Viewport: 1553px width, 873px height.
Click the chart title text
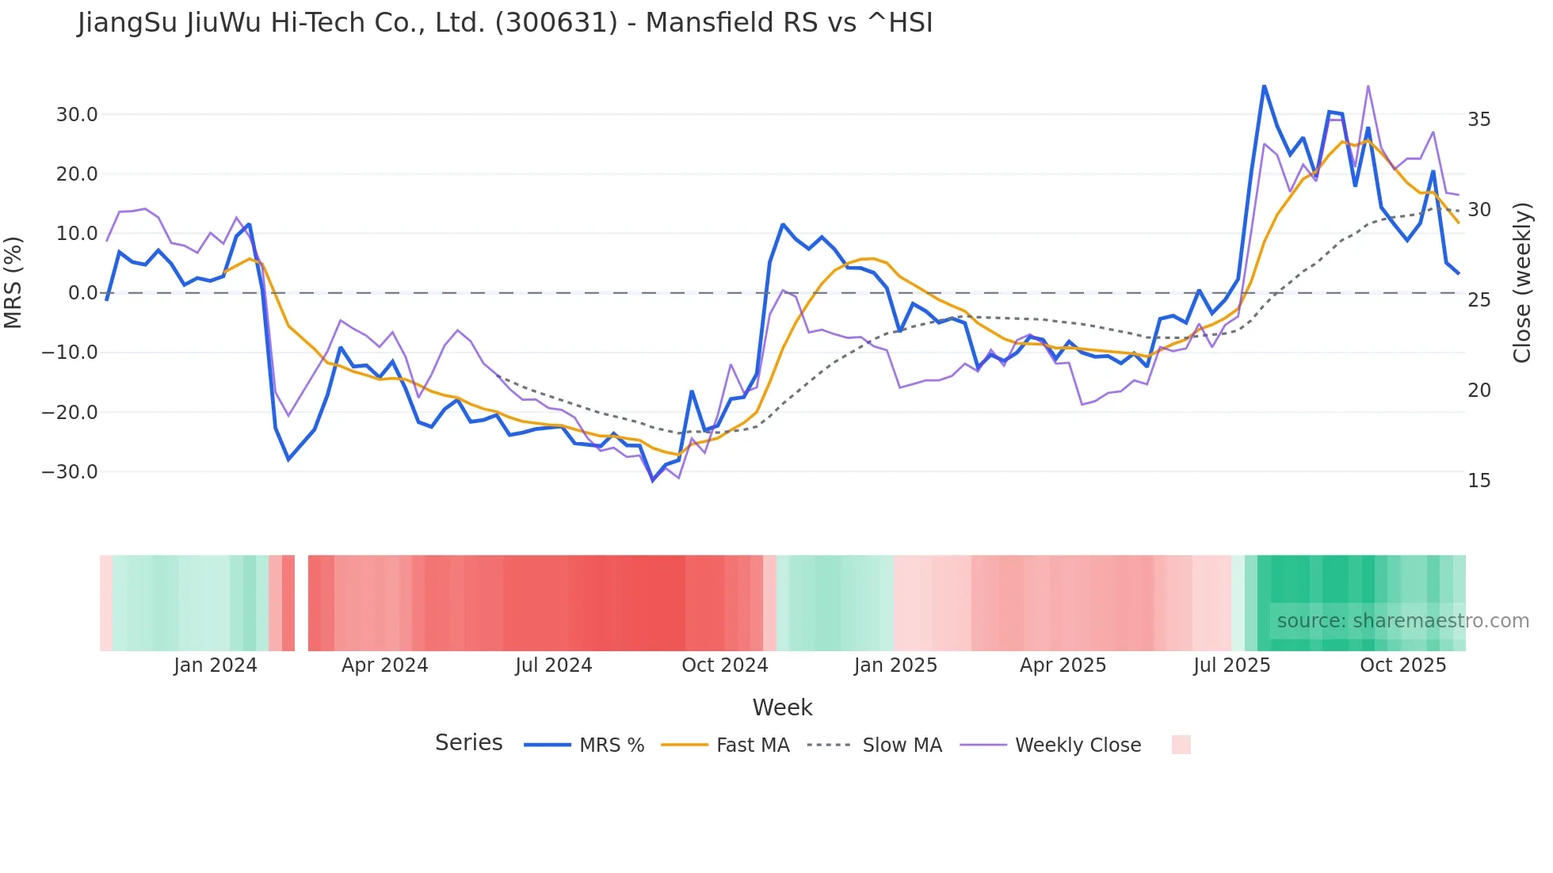tap(505, 23)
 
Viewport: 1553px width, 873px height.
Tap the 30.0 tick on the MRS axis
tap(77, 115)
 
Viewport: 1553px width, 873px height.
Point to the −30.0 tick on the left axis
tap(70, 472)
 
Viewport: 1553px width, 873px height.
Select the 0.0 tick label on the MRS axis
tap(83, 293)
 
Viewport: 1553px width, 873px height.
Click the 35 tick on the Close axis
tap(1479, 120)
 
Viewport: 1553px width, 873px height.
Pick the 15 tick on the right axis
tap(1479, 481)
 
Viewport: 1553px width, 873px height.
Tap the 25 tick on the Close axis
tap(1479, 300)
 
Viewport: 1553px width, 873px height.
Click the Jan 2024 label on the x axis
tap(216, 665)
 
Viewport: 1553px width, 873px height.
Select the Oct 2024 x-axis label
tap(725, 665)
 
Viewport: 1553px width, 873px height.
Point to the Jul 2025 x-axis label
tap(1232, 665)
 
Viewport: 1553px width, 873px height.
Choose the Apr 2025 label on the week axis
tap(1063, 665)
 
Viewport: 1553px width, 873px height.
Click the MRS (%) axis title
tap(13, 283)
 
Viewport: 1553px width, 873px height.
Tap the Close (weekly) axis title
tap(1522, 283)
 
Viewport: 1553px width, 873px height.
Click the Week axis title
tap(782, 707)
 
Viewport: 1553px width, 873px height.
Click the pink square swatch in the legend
tap(1181, 745)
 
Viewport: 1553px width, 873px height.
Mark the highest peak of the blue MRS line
tap(1264, 86)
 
